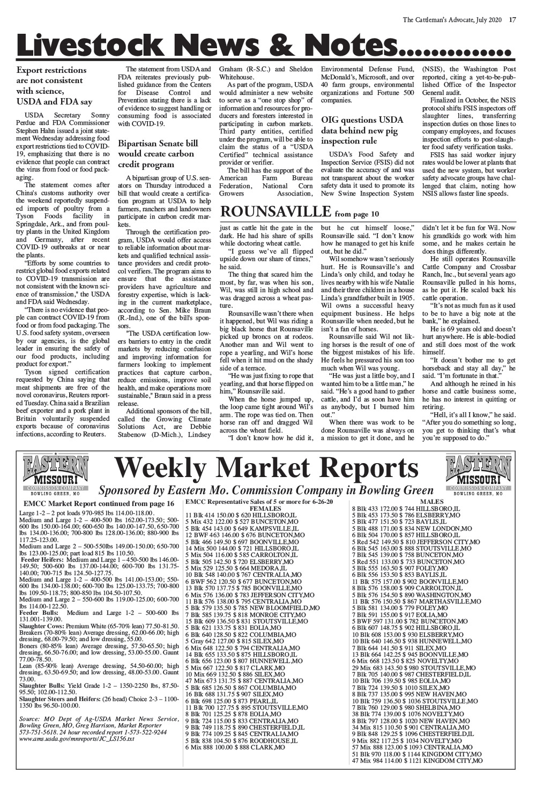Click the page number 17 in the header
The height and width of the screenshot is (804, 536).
512,20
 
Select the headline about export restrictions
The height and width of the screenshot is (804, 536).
55,86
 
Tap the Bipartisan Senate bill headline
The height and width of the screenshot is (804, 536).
158,154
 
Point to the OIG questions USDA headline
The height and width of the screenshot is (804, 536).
362,130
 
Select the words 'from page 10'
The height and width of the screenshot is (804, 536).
356,214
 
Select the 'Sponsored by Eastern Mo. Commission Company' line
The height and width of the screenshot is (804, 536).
266,490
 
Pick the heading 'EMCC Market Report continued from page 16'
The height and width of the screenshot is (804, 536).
99,504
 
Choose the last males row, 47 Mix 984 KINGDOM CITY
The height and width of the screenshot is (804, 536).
417,761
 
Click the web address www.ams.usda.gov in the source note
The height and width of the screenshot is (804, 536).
76,738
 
